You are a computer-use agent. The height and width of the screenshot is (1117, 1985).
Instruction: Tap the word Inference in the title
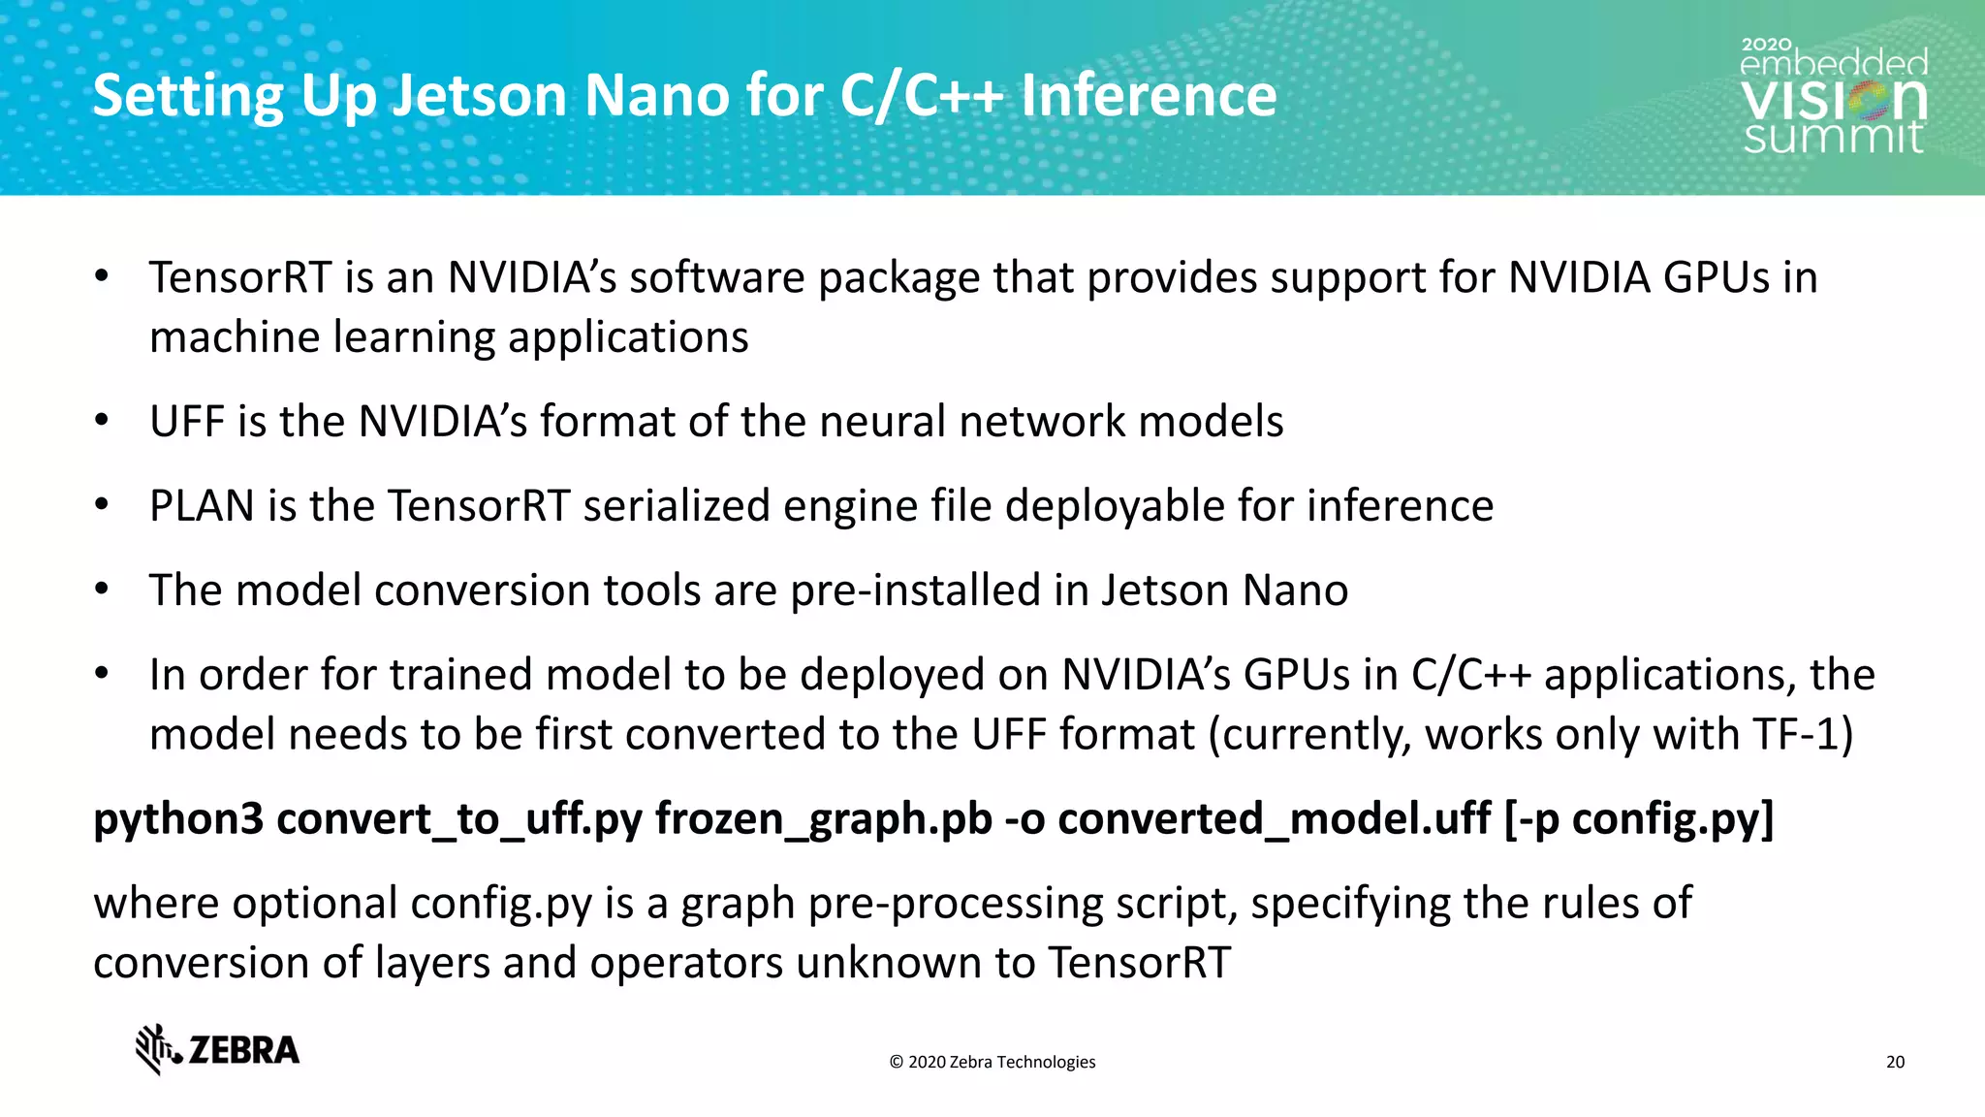(x=1149, y=96)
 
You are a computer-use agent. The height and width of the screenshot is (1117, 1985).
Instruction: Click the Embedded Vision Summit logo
(x=1834, y=97)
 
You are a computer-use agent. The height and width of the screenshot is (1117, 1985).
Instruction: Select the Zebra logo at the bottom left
(x=217, y=1049)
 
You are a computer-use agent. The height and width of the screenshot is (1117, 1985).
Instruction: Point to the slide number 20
(x=1895, y=1062)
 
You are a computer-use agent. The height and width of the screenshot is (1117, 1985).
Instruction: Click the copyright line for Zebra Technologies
(x=992, y=1062)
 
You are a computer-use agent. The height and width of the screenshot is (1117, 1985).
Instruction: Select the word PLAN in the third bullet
(x=202, y=506)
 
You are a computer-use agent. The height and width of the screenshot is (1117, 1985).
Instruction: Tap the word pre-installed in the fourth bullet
(x=915, y=590)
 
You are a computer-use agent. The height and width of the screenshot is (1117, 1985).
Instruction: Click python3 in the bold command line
(x=178, y=819)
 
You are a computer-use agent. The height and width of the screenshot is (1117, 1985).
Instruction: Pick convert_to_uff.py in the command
(x=459, y=819)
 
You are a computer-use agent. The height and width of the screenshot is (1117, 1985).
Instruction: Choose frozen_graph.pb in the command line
(x=824, y=819)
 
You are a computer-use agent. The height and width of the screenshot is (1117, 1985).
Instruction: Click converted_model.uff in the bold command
(x=1274, y=819)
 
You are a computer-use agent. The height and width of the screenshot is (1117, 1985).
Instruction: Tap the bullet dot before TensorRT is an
(x=102, y=276)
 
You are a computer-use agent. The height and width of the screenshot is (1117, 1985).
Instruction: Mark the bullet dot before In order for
(x=102, y=673)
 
